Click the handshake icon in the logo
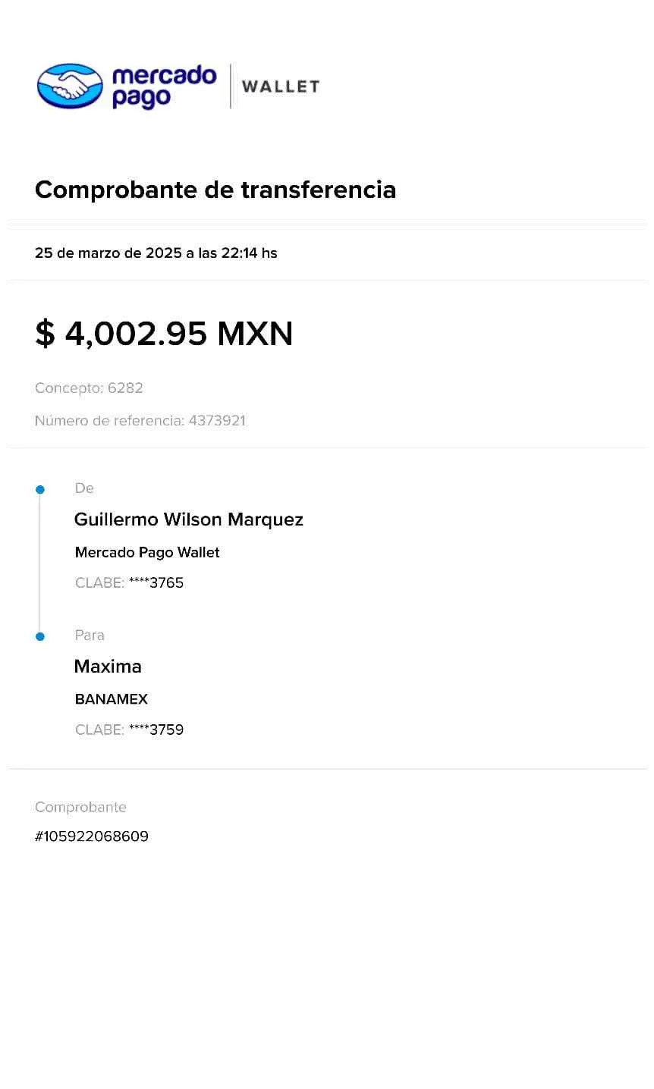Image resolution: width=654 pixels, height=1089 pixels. point(70,84)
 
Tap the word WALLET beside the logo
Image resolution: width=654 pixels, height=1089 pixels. point(281,87)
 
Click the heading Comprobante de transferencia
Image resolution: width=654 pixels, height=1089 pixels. point(215,190)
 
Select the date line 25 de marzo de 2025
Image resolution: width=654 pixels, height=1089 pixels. point(156,253)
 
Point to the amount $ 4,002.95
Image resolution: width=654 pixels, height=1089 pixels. point(121,334)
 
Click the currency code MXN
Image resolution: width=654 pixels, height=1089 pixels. point(254,334)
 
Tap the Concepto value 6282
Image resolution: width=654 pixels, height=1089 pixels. point(126,388)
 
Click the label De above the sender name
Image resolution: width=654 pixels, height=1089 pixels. point(84,488)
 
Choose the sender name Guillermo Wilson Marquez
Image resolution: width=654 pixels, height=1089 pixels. point(188,519)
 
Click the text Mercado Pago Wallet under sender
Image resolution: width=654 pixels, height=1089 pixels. point(147,552)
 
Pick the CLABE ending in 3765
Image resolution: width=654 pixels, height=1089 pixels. point(156,582)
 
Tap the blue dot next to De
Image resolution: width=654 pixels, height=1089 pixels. point(40,490)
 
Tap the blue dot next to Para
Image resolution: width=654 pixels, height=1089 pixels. point(40,636)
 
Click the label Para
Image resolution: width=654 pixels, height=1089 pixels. point(90,635)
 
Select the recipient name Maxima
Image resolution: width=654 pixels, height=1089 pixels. point(108,667)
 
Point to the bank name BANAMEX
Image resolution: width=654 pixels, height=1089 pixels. point(111,699)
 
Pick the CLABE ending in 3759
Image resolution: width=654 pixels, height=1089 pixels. point(156,730)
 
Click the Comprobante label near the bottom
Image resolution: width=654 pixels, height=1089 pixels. point(80,807)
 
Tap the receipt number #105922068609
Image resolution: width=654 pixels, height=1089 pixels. point(92,836)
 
